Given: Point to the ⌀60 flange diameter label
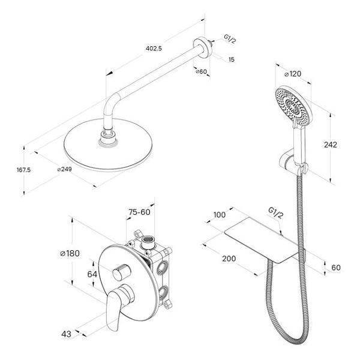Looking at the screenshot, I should pos(202,71).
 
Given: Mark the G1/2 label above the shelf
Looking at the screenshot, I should pos(275,214).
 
